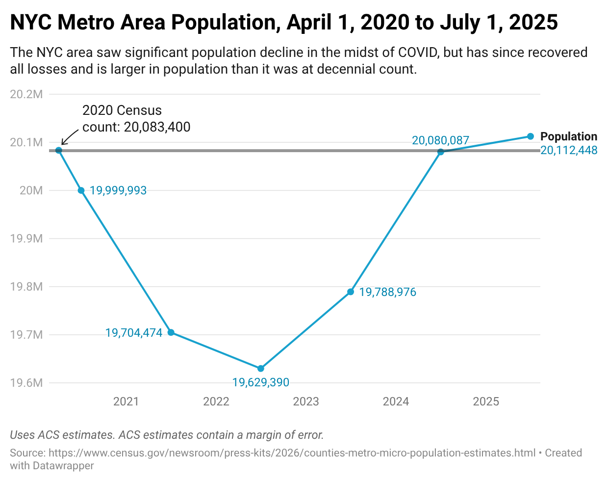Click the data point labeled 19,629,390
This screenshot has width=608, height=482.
[x=261, y=368]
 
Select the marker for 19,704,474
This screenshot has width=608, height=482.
[x=171, y=332]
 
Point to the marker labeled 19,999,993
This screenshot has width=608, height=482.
[x=81, y=190]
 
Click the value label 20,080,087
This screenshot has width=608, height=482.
[x=440, y=140]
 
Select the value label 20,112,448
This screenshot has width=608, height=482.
[x=569, y=150]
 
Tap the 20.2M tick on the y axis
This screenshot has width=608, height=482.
[x=26, y=94]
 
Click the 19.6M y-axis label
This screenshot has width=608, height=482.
[x=26, y=383]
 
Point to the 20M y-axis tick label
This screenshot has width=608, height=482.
[x=31, y=190]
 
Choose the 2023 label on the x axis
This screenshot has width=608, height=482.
[x=306, y=402]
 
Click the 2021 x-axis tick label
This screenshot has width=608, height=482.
[x=126, y=402]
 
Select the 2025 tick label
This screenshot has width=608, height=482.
[x=486, y=402]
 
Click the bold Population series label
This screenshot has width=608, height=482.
[x=569, y=136]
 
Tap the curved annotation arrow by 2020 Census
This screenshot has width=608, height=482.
[x=69, y=136]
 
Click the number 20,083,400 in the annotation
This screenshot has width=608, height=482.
[x=157, y=127]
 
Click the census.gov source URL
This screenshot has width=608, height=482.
[x=292, y=453]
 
